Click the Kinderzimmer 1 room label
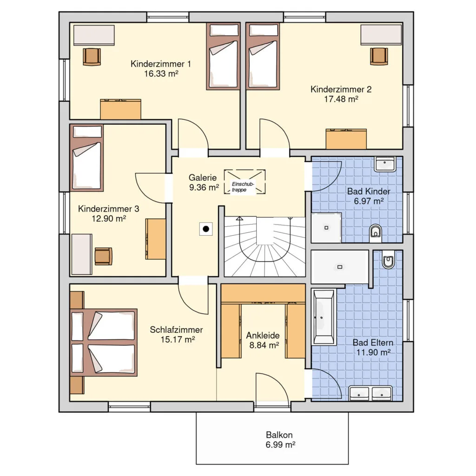pyautogui.click(x=160, y=64)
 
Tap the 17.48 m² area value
pyautogui.click(x=341, y=99)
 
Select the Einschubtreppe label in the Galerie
pyautogui.click(x=243, y=187)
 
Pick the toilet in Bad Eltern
pyautogui.click(x=388, y=260)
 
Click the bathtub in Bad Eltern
pyautogui.click(x=324, y=317)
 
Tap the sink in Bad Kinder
pyautogui.click(x=385, y=164)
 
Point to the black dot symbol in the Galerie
pyautogui.click(x=206, y=229)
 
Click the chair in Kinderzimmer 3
pyautogui.click(x=103, y=256)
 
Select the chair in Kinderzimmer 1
pyautogui.click(x=92, y=56)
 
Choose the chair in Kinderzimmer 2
pyautogui.click(x=379, y=56)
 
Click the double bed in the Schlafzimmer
pyautogui.click(x=104, y=342)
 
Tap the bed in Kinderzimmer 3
pyautogui.click(x=87, y=158)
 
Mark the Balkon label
pyautogui.click(x=279, y=435)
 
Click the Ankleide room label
pyautogui.click(x=263, y=336)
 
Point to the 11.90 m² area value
pyautogui.click(x=373, y=352)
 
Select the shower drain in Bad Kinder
pyautogui.click(x=326, y=228)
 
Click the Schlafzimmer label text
pyautogui.click(x=176, y=330)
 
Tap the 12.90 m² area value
pyautogui.click(x=109, y=218)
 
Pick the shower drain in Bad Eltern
pyautogui.click(x=340, y=267)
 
